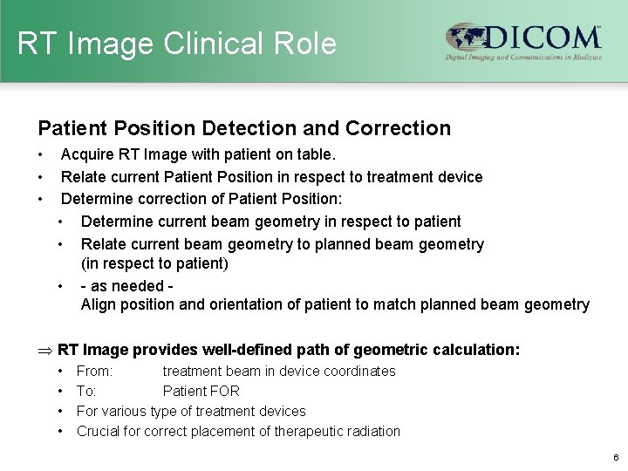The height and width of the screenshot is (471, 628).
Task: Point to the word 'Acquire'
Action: (x=87, y=154)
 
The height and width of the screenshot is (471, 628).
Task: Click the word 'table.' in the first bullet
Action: (x=316, y=154)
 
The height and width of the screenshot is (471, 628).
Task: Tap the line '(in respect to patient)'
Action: (x=154, y=263)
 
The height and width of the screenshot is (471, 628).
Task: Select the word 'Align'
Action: (x=98, y=304)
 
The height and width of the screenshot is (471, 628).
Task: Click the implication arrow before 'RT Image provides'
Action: (x=44, y=351)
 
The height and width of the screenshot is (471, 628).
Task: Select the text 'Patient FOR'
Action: (x=201, y=391)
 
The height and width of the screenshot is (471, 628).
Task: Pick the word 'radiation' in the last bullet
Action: (x=370, y=431)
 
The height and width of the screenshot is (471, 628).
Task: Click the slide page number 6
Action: (x=616, y=457)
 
